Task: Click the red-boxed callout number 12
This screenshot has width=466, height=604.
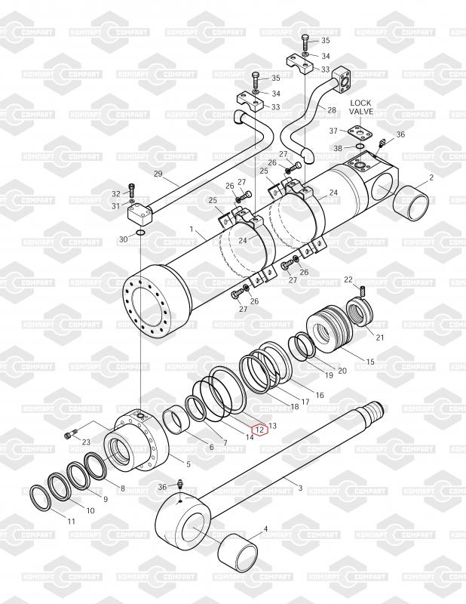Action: pos(259,430)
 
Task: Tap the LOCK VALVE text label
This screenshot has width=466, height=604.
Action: pos(360,107)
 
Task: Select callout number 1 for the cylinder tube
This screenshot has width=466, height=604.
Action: pos(192,230)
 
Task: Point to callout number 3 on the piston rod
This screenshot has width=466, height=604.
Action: pos(300,488)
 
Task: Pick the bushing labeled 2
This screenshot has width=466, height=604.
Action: pos(411,202)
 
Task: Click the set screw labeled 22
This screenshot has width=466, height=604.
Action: pos(362,292)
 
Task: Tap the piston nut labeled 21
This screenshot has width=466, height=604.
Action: pos(360,312)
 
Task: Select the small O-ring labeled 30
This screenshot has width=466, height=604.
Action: pos(140,233)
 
